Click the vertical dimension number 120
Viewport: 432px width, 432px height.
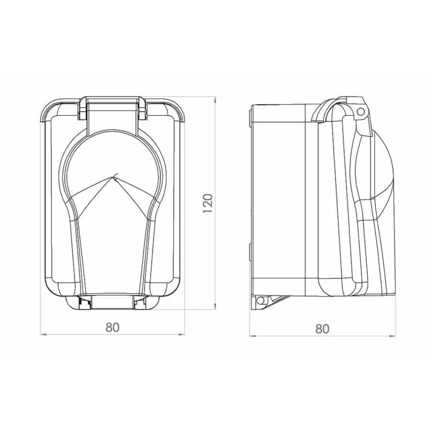(208, 203)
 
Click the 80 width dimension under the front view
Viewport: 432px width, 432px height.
(112, 327)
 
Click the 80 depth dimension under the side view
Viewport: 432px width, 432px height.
(322, 328)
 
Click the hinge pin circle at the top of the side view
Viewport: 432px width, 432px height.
(360, 111)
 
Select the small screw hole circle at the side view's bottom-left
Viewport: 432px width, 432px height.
(260, 300)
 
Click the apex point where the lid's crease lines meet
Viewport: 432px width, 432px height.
(113, 175)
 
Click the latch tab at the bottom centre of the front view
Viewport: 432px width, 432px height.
(112, 302)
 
